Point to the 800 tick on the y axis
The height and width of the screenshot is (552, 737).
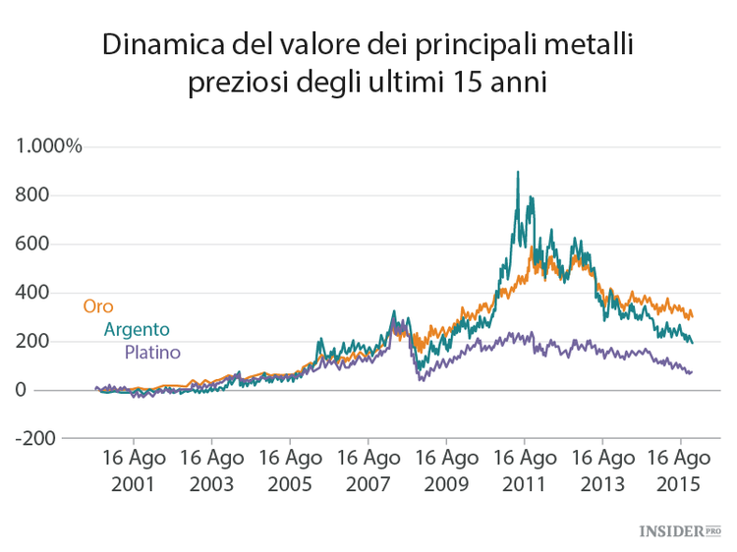(x=32, y=194)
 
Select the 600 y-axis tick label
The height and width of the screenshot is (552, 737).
(x=32, y=244)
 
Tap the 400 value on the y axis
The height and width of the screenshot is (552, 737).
(x=32, y=293)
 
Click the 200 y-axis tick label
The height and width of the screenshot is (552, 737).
(x=32, y=342)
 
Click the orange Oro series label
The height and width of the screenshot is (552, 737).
(x=97, y=306)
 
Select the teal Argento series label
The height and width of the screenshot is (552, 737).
(x=137, y=330)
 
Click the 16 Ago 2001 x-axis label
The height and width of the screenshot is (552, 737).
(x=134, y=471)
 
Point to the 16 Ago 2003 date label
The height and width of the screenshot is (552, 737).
(x=211, y=471)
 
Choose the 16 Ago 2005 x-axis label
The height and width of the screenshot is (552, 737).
(x=290, y=471)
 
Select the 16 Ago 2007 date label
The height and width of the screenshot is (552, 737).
(x=368, y=471)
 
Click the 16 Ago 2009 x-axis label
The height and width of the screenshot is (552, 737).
(x=446, y=471)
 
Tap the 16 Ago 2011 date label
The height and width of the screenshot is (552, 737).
(x=524, y=471)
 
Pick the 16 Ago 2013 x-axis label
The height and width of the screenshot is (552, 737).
(x=602, y=471)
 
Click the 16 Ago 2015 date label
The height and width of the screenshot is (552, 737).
(x=680, y=471)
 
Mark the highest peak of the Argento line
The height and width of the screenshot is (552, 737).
(x=518, y=173)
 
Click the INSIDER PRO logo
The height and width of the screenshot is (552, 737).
(x=680, y=530)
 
